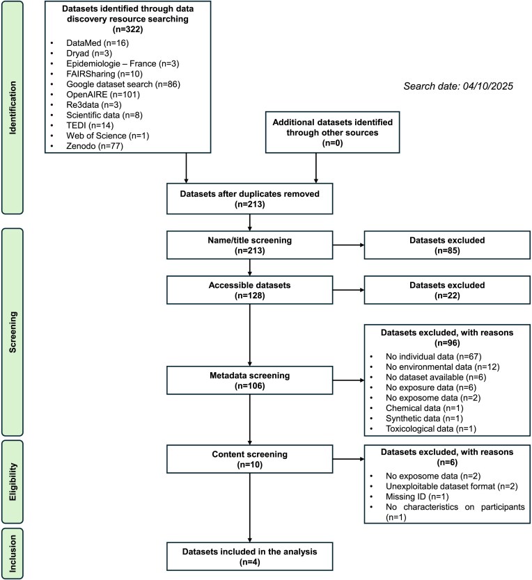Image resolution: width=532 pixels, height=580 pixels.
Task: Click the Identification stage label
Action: click(13, 108)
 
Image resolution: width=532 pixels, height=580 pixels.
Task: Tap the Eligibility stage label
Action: click(13, 482)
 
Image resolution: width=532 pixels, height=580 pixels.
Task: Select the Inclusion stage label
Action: click(13, 554)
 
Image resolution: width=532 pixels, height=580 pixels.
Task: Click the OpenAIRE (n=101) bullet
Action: click(103, 95)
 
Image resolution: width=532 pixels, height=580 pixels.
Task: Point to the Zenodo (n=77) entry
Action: click(95, 146)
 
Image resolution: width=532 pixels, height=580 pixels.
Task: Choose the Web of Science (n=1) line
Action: click(107, 136)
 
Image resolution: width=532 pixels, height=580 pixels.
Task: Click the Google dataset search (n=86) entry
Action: click(123, 84)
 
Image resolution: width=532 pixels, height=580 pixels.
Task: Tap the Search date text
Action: click(458, 86)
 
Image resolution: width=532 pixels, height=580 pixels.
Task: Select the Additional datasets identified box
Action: click(332, 132)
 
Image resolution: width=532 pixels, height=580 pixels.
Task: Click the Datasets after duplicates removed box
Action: click(250, 199)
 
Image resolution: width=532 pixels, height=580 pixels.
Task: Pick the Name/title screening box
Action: click(250, 245)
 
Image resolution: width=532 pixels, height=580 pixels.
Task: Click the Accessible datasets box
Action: click(250, 290)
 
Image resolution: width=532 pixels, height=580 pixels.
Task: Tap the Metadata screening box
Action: click(250, 380)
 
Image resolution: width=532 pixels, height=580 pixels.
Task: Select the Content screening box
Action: click(250, 459)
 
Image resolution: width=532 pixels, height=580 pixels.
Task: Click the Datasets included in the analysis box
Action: click(250, 556)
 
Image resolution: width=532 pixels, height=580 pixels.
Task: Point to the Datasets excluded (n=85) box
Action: click(447, 245)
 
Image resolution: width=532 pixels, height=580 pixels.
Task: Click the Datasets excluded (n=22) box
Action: click(447, 290)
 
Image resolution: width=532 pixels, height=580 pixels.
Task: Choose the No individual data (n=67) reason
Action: click(433, 357)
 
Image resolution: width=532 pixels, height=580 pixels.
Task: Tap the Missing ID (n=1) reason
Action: click(417, 497)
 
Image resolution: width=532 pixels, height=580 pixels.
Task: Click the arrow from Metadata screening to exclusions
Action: click(348, 380)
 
